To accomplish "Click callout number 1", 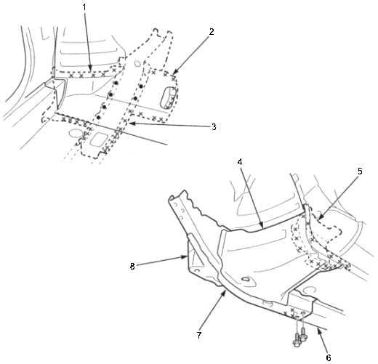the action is pyautogui.click(x=84, y=7).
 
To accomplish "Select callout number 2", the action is pyautogui.click(x=212, y=32).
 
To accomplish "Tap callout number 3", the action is pyautogui.click(x=214, y=127).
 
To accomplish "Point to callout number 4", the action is pyautogui.click(x=240, y=162).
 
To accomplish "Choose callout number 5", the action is pyautogui.click(x=360, y=171).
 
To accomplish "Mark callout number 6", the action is pyautogui.click(x=329, y=357).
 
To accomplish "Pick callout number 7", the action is pyautogui.click(x=199, y=336).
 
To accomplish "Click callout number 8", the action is pyautogui.click(x=132, y=267).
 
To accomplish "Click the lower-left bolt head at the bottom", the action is pyautogui.click(x=297, y=343).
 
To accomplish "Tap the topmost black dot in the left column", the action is pyautogui.click(x=116, y=83).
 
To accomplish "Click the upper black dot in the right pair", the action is pyautogui.click(x=141, y=86).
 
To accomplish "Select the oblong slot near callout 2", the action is pyautogui.click(x=166, y=97).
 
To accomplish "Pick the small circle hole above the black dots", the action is pyautogui.click(x=137, y=64).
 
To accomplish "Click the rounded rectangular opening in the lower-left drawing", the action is pyautogui.click(x=99, y=139).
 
